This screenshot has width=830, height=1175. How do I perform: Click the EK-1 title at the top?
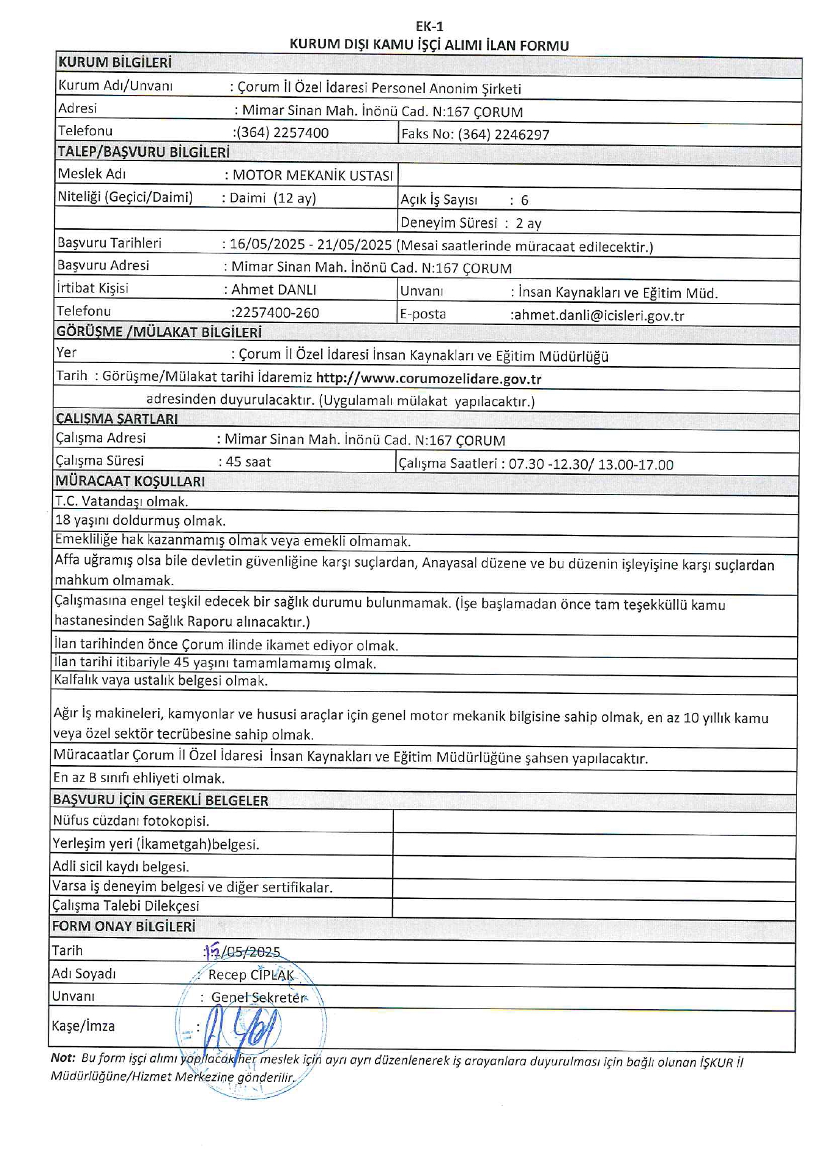pyautogui.click(x=429, y=26)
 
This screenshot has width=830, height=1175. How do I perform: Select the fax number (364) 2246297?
pyautogui.click(x=503, y=135)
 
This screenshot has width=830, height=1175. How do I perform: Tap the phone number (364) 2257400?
pyautogui.click(x=283, y=133)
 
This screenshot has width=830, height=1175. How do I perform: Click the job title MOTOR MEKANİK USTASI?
pyautogui.click(x=313, y=176)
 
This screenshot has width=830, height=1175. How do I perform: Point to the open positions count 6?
pyautogui.click(x=524, y=201)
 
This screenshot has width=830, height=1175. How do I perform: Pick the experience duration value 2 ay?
pyautogui.click(x=528, y=223)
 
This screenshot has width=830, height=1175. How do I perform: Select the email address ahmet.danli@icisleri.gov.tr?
pyautogui.click(x=598, y=316)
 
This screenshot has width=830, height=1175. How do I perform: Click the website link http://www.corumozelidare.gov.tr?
pyautogui.click(x=428, y=379)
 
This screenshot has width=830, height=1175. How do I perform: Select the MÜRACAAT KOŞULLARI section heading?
pyautogui.click(x=130, y=482)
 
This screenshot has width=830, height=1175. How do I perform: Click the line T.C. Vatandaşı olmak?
pyautogui.click(x=122, y=502)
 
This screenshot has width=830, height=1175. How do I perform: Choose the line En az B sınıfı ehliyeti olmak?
pyautogui.click(x=139, y=778)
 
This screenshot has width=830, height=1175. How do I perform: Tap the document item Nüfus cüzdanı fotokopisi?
pyautogui.click(x=131, y=821)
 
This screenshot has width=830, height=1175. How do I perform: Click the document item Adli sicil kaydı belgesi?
pyautogui.click(x=120, y=867)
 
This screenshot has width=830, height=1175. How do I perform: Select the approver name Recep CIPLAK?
pyautogui.click(x=251, y=975)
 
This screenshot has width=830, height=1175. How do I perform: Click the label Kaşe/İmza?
pyautogui.click(x=83, y=1026)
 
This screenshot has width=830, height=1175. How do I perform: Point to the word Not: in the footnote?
pyautogui.click(x=63, y=1058)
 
